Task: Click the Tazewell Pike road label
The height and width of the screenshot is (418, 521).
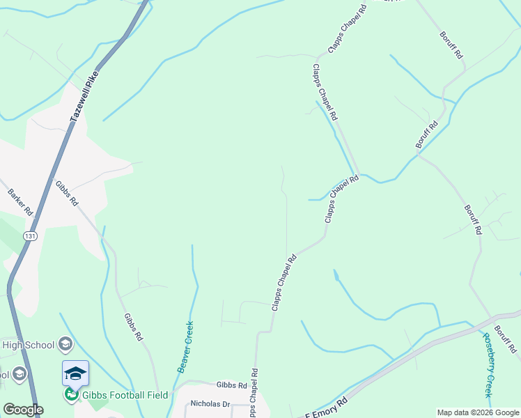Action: point(86,97)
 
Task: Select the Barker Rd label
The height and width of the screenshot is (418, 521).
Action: point(21,201)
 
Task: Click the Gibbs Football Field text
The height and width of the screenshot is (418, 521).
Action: point(125,395)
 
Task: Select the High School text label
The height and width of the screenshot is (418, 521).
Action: point(28,344)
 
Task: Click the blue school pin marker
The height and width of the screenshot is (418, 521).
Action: point(75,374)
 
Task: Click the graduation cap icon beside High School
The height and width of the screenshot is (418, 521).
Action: point(65,343)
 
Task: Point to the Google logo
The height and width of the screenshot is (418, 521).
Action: point(23,410)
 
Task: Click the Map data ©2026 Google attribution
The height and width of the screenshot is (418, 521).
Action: point(478,412)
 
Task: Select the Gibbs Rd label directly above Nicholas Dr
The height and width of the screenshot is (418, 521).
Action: point(232,385)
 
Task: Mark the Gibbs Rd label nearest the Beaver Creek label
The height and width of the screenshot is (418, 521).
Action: point(134,327)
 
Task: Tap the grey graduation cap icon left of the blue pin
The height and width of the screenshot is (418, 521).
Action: point(20,374)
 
